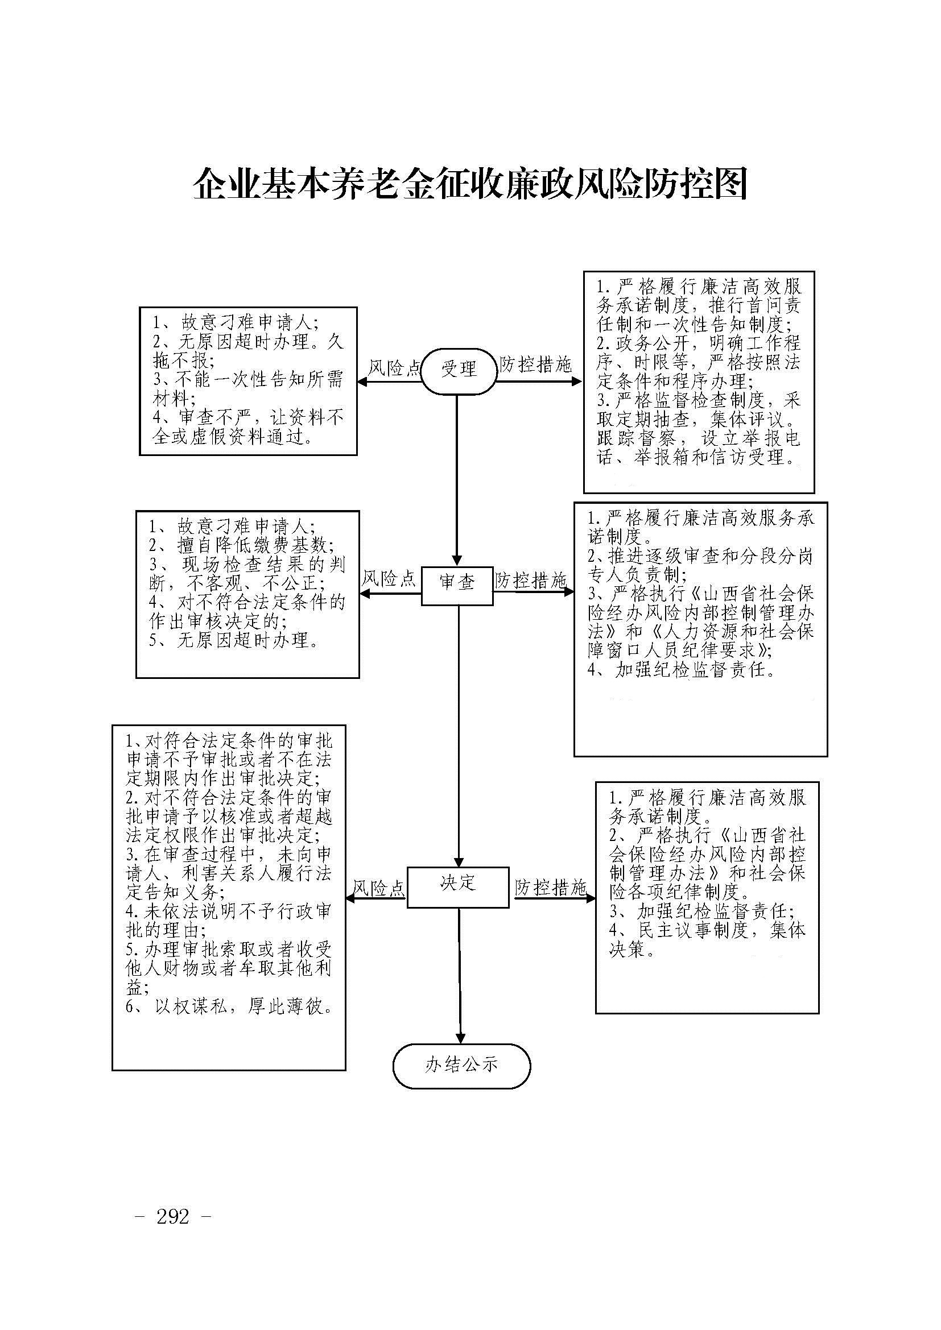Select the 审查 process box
457,586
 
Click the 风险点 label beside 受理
394,368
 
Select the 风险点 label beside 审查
389,578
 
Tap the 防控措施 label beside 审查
531,581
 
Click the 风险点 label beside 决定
379,888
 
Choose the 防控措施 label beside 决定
551,887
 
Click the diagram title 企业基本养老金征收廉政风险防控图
470,184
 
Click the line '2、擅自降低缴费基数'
241,546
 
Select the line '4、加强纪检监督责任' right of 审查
682,670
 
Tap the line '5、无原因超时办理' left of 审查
234,641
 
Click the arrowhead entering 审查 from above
457,561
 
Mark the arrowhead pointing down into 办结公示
461,1038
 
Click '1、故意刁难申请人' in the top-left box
237,322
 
